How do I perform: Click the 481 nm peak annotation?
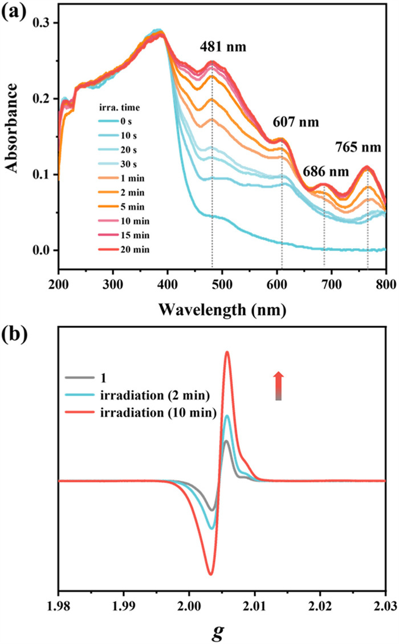click(x=223, y=47)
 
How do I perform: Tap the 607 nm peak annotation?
click(x=295, y=122)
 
